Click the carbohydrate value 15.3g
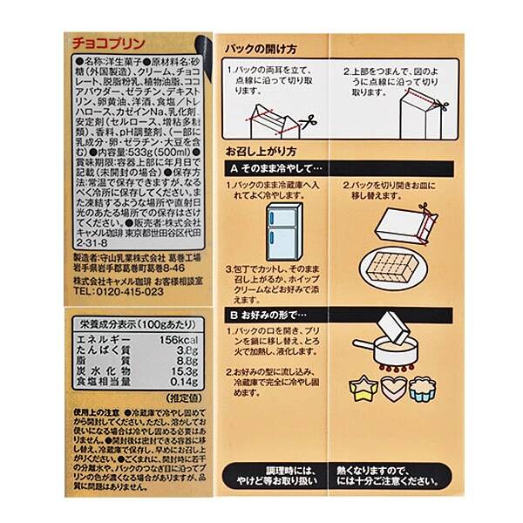pyautogui.click(x=186, y=371)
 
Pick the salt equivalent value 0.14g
pyautogui.click(x=186, y=382)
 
